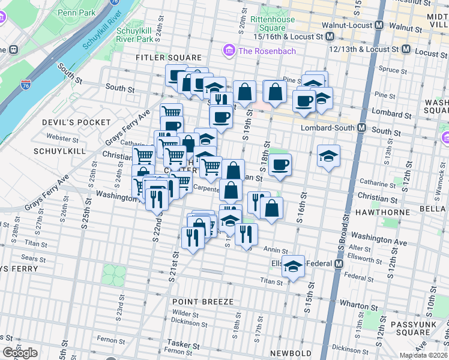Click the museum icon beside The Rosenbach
pos(229,50)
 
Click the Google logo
pos(20,353)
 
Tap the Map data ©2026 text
pos(424,355)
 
